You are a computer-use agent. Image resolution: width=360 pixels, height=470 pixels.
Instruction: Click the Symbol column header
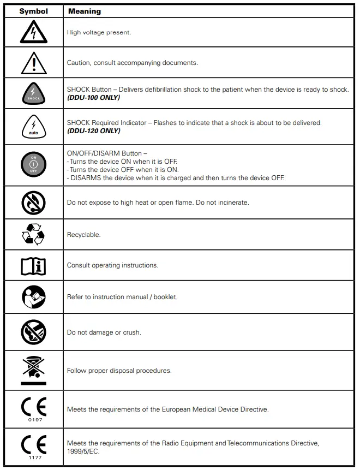point(33,11)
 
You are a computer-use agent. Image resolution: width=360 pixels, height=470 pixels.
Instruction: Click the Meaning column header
point(85,11)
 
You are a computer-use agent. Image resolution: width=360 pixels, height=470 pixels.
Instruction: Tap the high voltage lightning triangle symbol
point(33,33)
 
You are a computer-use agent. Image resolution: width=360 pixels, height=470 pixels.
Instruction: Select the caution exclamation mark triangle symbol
point(33,63)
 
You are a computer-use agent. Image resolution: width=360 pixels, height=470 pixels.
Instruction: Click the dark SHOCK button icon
point(33,93)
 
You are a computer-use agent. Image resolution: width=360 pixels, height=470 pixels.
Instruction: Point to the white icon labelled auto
point(33,127)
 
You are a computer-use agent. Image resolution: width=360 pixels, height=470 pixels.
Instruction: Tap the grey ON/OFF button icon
point(33,165)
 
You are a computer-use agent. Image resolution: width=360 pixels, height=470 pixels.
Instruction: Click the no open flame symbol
point(33,203)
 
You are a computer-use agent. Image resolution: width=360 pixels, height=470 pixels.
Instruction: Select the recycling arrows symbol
point(33,235)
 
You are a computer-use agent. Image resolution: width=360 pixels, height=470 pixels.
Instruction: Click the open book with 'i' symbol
point(33,266)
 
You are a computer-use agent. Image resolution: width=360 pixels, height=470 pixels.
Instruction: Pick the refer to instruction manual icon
point(33,298)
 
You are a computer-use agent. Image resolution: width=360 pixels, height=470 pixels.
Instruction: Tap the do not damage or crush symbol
point(33,332)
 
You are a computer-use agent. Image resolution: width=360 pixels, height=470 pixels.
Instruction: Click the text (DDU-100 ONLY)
point(93,98)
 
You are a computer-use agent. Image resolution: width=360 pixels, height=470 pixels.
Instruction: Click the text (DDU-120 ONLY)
point(93,131)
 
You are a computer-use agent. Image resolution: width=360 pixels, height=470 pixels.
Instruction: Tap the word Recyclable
point(83,235)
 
